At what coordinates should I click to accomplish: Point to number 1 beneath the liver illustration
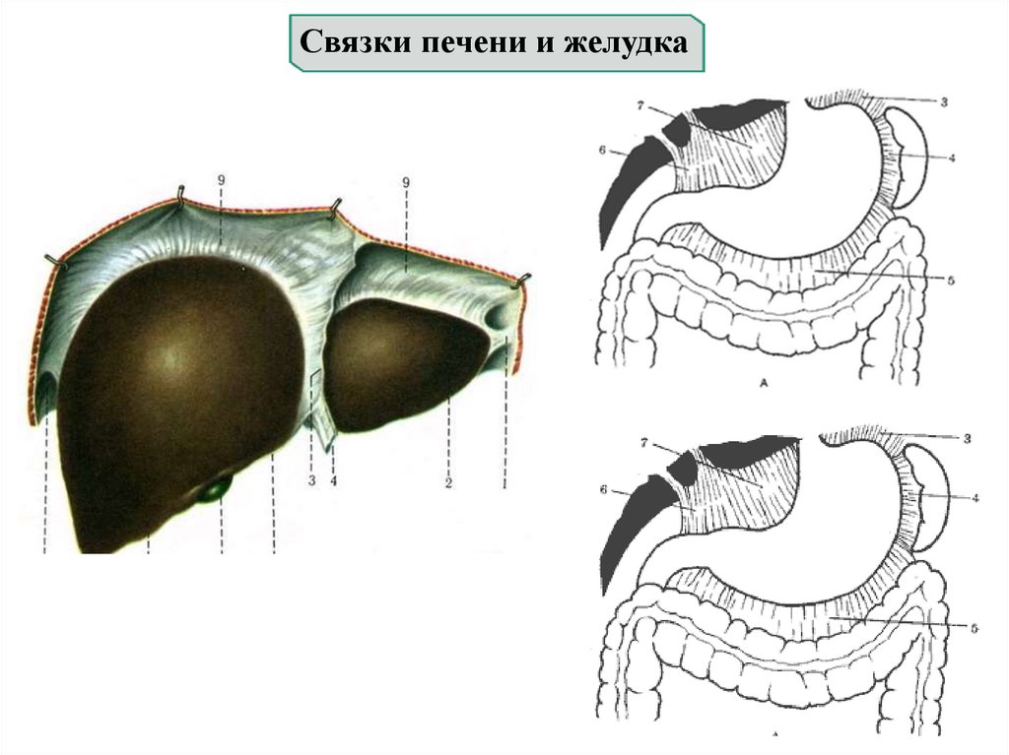(x=504, y=483)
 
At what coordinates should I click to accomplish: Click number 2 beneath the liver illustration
(x=447, y=483)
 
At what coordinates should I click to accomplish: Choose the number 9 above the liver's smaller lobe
(x=406, y=182)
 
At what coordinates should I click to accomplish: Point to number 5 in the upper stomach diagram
(x=951, y=280)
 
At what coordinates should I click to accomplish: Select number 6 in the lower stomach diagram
(x=603, y=489)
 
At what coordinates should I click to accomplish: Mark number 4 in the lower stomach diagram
(x=975, y=497)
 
